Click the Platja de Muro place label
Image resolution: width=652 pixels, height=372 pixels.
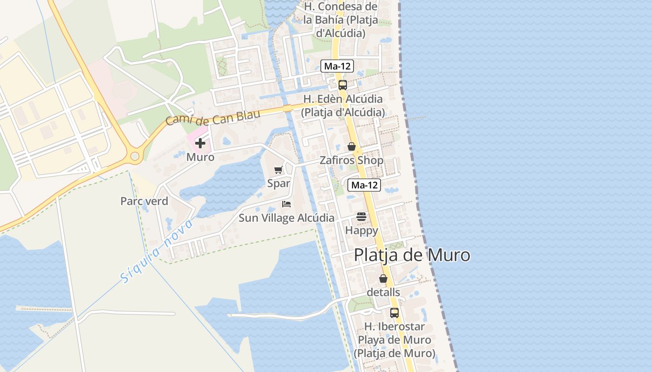point(412,255)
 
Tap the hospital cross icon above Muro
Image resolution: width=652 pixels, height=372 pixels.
point(200,143)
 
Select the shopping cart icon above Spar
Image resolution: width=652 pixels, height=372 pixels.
point(278,170)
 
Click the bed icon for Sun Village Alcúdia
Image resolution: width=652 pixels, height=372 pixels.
point(286,204)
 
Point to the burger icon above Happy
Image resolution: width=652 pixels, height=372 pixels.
point(361,216)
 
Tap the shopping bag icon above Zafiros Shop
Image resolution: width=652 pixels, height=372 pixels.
point(352,146)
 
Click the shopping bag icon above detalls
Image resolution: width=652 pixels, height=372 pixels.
point(383,279)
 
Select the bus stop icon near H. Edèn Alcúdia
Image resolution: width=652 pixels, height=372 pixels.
point(343,85)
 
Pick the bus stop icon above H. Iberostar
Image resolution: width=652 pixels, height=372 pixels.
point(394,313)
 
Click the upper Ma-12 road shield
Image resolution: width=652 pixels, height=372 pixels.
point(337,66)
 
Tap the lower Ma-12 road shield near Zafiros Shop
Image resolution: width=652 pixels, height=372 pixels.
point(364,185)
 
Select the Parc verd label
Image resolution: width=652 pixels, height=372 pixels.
point(144,201)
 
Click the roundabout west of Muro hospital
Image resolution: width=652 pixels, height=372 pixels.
point(135,156)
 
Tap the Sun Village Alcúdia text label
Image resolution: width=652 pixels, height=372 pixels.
point(286,218)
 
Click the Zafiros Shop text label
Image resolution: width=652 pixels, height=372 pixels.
point(351,160)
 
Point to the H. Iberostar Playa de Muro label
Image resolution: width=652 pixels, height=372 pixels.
point(394,340)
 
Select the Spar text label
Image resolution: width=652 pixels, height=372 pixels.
point(278,183)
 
